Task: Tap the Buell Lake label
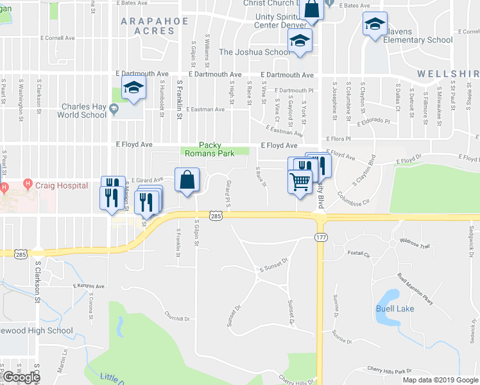(395, 309)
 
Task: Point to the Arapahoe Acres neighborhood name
(155, 26)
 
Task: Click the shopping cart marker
(300, 182)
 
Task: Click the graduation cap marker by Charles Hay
(133, 89)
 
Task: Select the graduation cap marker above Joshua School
(300, 41)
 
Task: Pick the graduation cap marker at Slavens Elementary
(375, 25)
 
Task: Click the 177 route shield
(321, 237)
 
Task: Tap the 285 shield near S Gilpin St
(216, 216)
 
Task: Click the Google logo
(21, 377)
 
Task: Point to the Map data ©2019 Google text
(440, 380)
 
